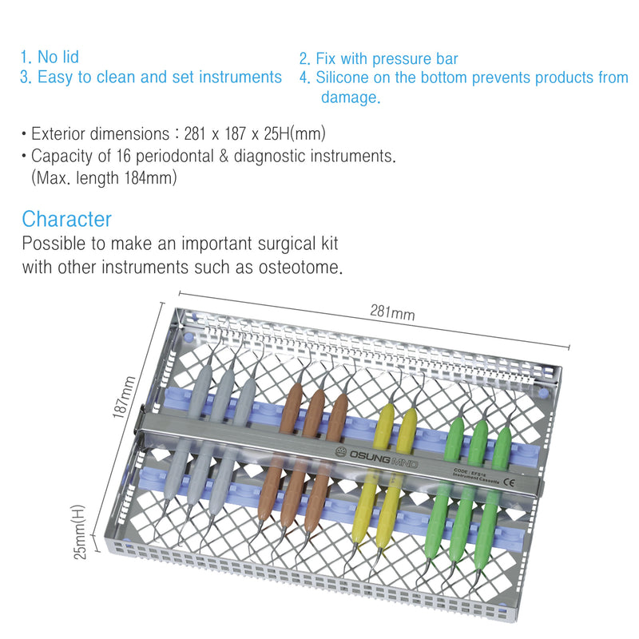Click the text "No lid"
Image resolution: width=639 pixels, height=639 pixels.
58,58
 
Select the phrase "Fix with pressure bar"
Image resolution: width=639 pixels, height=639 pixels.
387,59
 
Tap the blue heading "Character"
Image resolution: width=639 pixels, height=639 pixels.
67,219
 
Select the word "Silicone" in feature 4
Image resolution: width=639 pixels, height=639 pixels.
344,78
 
